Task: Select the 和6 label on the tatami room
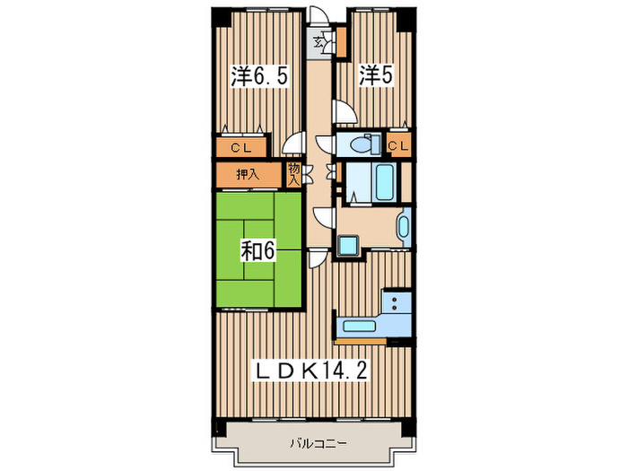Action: point(258,251)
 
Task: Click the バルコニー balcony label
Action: point(318,443)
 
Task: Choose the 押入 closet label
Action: point(248,175)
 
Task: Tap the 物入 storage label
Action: point(294,174)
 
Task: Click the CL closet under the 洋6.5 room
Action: point(241,147)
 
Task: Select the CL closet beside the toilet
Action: point(399,145)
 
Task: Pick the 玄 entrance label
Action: point(318,41)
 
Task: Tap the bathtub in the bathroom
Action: point(386,181)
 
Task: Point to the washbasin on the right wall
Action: point(404,227)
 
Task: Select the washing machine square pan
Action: point(348,246)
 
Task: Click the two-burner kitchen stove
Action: point(397,303)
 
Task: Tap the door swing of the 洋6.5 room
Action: point(293,143)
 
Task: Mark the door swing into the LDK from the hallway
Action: point(318,259)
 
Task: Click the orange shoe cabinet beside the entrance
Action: point(342,42)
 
